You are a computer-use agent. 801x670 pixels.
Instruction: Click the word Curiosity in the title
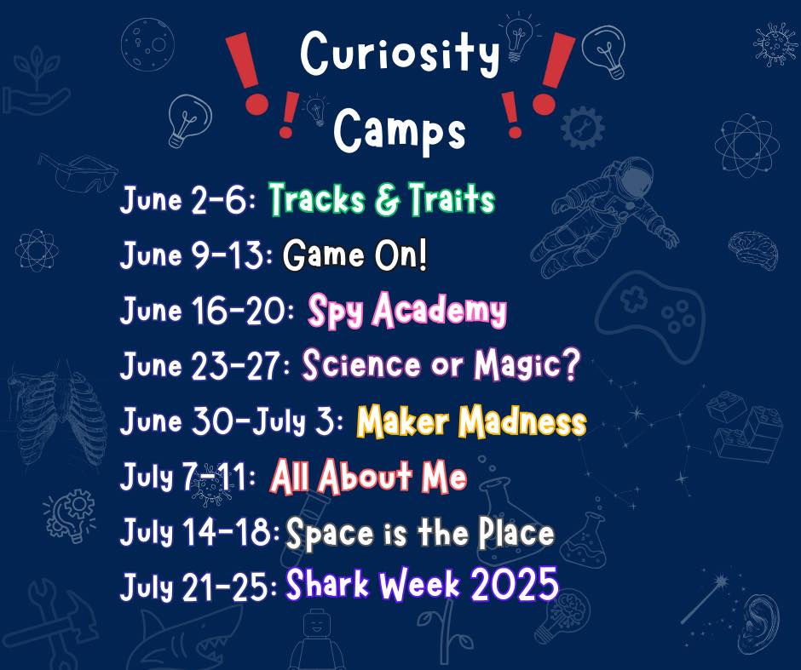coord(400,54)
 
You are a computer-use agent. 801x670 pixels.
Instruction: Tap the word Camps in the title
coord(400,129)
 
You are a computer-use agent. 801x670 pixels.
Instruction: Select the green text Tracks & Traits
coord(382,198)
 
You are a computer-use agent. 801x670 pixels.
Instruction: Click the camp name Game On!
coord(354,255)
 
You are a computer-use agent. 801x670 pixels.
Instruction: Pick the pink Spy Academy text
coord(407,310)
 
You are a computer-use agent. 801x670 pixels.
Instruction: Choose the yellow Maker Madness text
coord(471,421)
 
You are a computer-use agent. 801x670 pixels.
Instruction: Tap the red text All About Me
coord(368,476)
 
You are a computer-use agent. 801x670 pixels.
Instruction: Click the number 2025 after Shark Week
coord(515,583)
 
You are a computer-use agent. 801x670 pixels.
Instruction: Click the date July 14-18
coord(200,531)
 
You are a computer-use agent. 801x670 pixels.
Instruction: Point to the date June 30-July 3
coord(232,421)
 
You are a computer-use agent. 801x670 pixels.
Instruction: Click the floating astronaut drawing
coord(605,217)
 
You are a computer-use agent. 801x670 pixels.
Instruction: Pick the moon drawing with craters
coord(147,43)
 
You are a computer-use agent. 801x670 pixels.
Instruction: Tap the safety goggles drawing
coord(78,173)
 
